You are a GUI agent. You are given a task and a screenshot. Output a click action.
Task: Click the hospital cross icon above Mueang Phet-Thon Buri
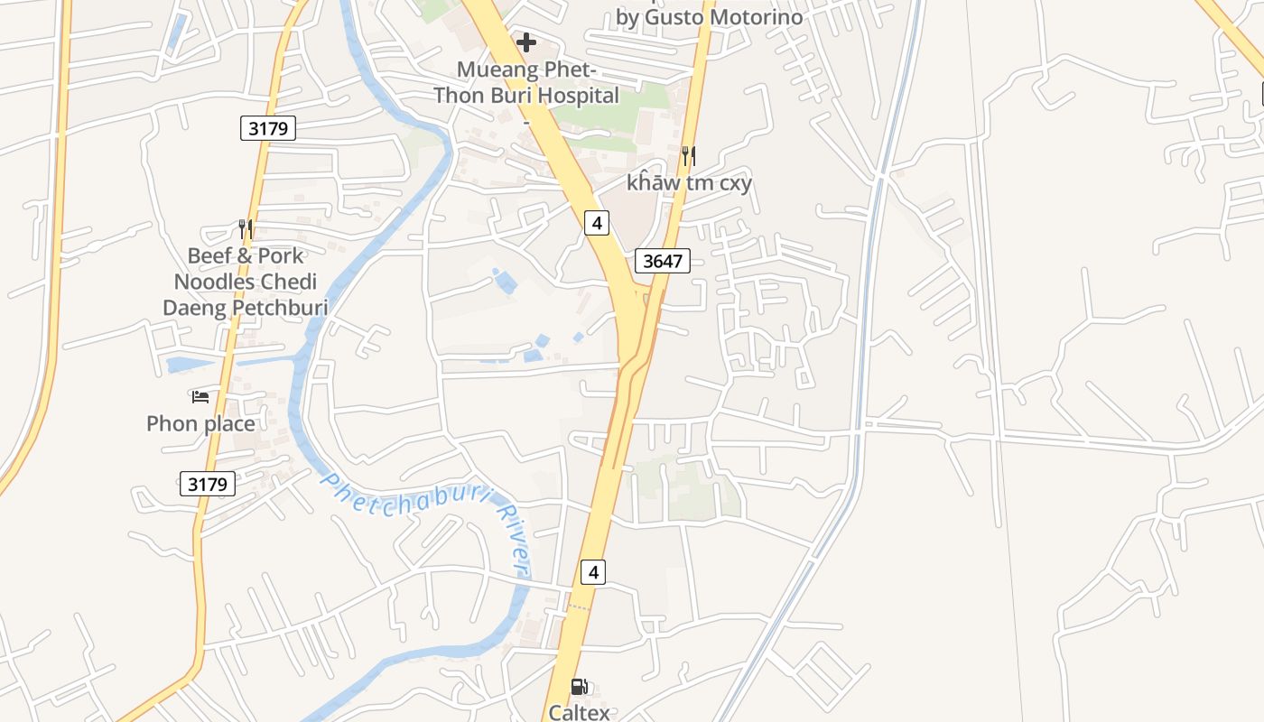(526, 42)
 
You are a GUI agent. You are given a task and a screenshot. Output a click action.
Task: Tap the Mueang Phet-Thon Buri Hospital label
(527, 83)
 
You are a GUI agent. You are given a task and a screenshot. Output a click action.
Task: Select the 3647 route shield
(663, 262)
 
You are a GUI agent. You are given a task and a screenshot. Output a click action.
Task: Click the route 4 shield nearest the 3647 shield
(596, 222)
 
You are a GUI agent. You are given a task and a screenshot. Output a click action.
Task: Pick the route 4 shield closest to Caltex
(592, 571)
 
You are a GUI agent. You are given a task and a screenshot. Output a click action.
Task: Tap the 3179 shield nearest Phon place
(208, 484)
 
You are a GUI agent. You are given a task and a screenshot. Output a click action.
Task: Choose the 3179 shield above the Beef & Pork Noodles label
(268, 128)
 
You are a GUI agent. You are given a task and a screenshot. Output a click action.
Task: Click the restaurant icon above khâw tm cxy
(688, 156)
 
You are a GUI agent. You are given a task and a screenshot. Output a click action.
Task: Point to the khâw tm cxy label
(689, 182)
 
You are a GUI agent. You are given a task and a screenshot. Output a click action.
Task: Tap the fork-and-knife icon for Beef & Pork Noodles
(245, 229)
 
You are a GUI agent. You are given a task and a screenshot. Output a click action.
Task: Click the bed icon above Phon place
(200, 396)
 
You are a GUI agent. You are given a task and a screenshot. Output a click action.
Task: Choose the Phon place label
(200, 423)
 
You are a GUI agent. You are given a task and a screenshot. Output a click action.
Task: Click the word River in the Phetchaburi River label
(512, 541)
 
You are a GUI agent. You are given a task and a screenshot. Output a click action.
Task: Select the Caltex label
(580, 712)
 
